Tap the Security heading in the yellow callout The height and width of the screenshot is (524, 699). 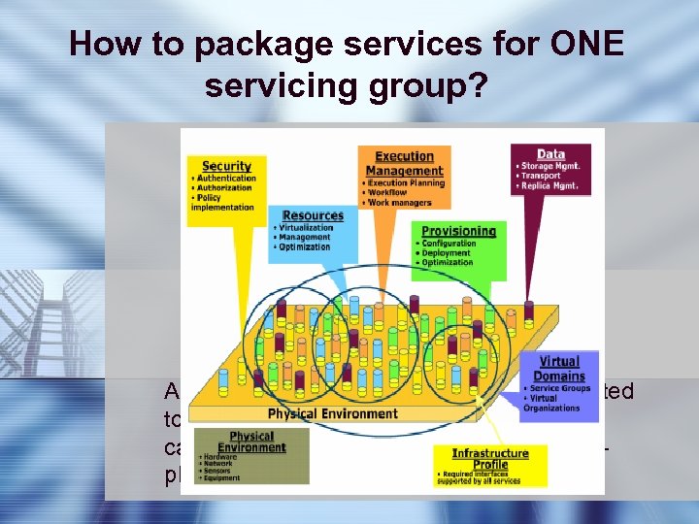226,166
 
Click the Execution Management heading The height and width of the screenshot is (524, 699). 404,163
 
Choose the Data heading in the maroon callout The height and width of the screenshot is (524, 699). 550,153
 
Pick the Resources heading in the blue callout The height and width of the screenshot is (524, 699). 313,214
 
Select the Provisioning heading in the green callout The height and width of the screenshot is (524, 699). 458,231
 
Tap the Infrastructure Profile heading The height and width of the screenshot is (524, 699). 490,458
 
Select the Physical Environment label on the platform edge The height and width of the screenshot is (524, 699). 332,413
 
